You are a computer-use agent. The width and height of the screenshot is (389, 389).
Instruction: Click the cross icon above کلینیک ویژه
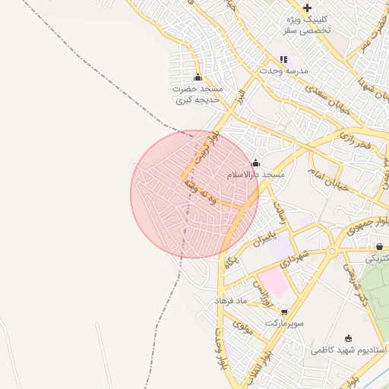[x=307, y=8]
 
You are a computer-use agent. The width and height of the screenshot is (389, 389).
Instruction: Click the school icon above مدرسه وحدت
[x=284, y=59]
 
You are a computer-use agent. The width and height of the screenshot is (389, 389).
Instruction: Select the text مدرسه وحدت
[x=284, y=71]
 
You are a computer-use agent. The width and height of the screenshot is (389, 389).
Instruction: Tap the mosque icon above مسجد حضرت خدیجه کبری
[x=198, y=77]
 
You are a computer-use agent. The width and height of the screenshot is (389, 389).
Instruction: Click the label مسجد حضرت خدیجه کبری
[x=198, y=94]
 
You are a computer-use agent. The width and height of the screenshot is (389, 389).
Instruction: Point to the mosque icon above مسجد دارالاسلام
[x=255, y=163]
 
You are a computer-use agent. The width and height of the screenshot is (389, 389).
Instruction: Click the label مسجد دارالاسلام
[x=256, y=175]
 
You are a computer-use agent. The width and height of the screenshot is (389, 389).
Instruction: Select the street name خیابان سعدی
[x=328, y=100]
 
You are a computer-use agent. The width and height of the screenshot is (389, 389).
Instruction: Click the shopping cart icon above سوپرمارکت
[x=284, y=311]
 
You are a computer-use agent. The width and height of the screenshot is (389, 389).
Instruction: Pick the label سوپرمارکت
[x=284, y=323]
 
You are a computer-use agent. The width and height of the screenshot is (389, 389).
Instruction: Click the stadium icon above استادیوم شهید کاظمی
[x=349, y=338]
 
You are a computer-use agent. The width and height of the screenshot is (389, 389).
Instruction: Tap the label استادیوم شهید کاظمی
[x=349, y=350]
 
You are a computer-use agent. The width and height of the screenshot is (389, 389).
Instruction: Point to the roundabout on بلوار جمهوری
[x=332, y=250]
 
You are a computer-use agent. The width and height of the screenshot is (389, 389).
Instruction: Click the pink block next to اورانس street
[x=275, y=283]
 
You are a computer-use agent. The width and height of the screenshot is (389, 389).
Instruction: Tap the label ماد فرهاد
[x=232, y=302]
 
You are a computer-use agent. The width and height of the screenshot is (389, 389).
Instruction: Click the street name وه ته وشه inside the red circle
[x=206, y=190]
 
